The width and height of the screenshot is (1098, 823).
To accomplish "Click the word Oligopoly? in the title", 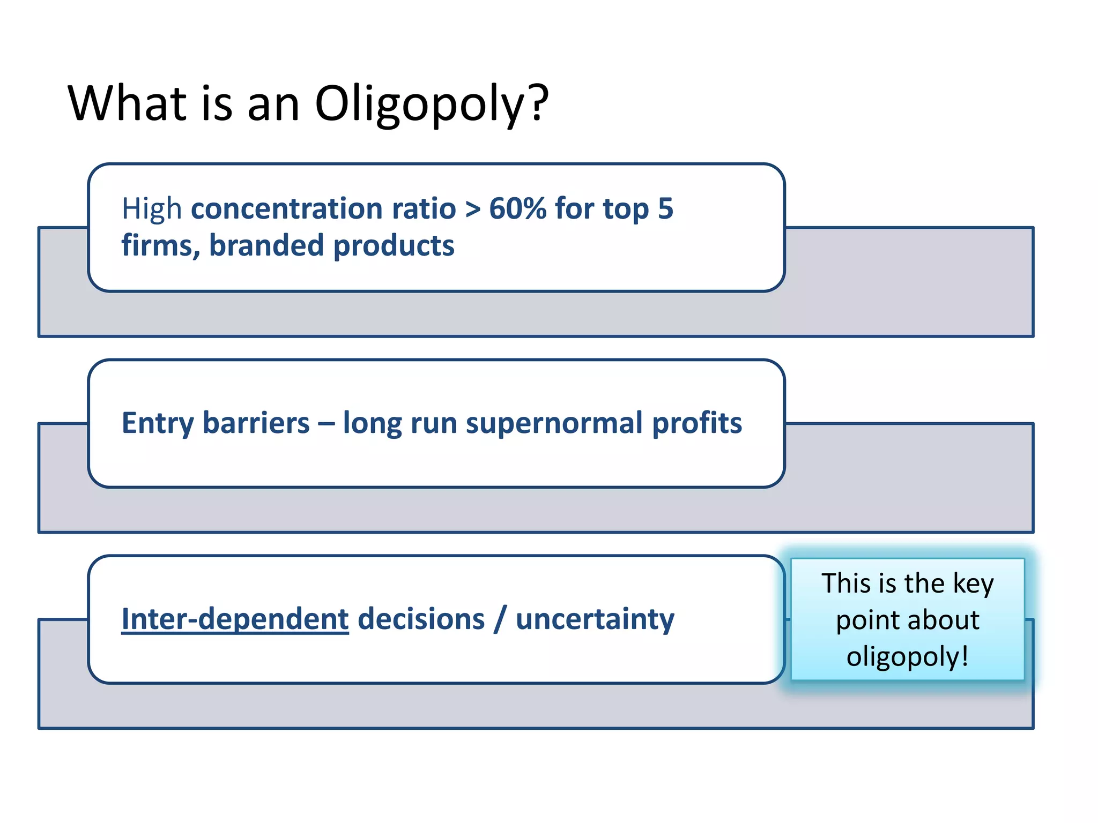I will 432,104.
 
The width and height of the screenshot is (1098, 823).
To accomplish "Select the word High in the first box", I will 152,208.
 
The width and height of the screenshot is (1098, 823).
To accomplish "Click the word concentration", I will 323,208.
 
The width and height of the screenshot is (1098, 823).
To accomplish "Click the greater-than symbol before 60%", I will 472,210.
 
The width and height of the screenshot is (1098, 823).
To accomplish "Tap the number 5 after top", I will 665,208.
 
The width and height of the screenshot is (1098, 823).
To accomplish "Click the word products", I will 394,246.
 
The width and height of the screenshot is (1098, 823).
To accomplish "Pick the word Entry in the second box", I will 158,424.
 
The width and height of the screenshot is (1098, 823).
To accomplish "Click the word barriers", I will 256,423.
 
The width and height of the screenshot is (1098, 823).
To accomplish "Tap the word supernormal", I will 554,424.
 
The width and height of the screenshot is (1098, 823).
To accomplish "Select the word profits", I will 697,424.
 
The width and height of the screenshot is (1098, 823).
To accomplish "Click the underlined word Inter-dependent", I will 235,620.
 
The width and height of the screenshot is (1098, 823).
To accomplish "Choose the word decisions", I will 421,620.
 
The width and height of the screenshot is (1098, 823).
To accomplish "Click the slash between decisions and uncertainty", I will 500,620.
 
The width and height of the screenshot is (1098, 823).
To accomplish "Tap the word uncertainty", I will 595,620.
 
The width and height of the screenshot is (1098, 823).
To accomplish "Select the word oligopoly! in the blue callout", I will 907,656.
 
